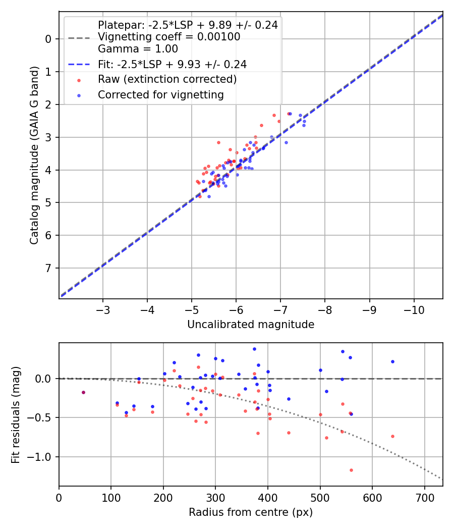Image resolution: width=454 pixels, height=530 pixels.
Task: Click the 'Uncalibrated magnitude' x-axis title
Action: [x=251, y=325]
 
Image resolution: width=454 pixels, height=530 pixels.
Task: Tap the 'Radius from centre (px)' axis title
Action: [x=251, y=512]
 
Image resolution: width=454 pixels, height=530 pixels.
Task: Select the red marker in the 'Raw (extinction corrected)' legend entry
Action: [x=79, y=80]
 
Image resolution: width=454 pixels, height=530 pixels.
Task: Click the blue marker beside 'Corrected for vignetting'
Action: [x=79, y=95]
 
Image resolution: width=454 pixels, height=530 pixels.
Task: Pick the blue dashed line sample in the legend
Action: [x=79, y=65]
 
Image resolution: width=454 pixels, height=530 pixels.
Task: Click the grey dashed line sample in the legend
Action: [x=79, y=37]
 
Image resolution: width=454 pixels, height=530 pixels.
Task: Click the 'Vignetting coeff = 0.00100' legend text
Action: [x=169, y=37]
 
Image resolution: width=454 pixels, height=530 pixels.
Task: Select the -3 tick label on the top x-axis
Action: [x=103, y=309]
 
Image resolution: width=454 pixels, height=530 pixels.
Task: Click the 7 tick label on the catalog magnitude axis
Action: [x=48, y=268]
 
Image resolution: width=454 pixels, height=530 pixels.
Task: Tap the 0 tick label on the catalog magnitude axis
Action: [x=48, y=39]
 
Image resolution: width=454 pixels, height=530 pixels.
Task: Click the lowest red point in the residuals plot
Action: [x=351, y=470]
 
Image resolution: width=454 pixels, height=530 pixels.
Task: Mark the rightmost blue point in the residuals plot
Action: [x=392, y=361]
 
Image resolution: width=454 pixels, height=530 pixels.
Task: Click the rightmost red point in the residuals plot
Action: [x=392, y=436]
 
